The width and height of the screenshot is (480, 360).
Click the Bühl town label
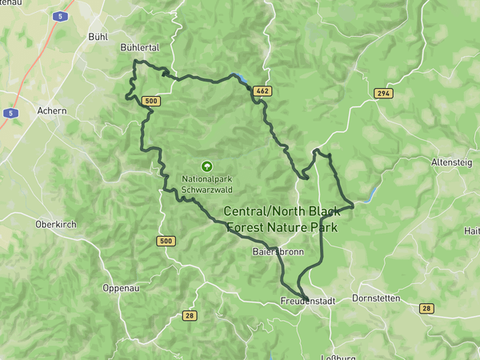[x=98, y=37]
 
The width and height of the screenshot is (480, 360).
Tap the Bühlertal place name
[x=139, y=48]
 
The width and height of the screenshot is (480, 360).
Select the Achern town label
[x=52, y=110]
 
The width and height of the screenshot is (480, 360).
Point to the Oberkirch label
[x=56, y=225]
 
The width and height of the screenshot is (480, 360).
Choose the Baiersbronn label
[x=278, y=252]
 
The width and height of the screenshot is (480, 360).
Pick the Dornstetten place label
[x=376, y=298]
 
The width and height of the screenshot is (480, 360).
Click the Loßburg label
[x=337, y=356]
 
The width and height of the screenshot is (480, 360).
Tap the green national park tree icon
[x=206, y=166]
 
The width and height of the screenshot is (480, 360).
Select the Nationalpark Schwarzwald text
[x=208, y=185]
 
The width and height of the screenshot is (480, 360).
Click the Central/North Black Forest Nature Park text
[x=281, y=219]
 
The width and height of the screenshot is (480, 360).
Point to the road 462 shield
[x=262, y=91]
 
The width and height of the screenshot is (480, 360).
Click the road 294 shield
[x=383, y=94]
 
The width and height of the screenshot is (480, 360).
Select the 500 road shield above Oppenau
[x=166, y=241]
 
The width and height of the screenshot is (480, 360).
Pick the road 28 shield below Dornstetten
[x=426, y=308]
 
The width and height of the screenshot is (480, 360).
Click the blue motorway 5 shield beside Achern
[x=10, y=114]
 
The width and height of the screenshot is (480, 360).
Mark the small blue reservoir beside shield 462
[x=239, y=78]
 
